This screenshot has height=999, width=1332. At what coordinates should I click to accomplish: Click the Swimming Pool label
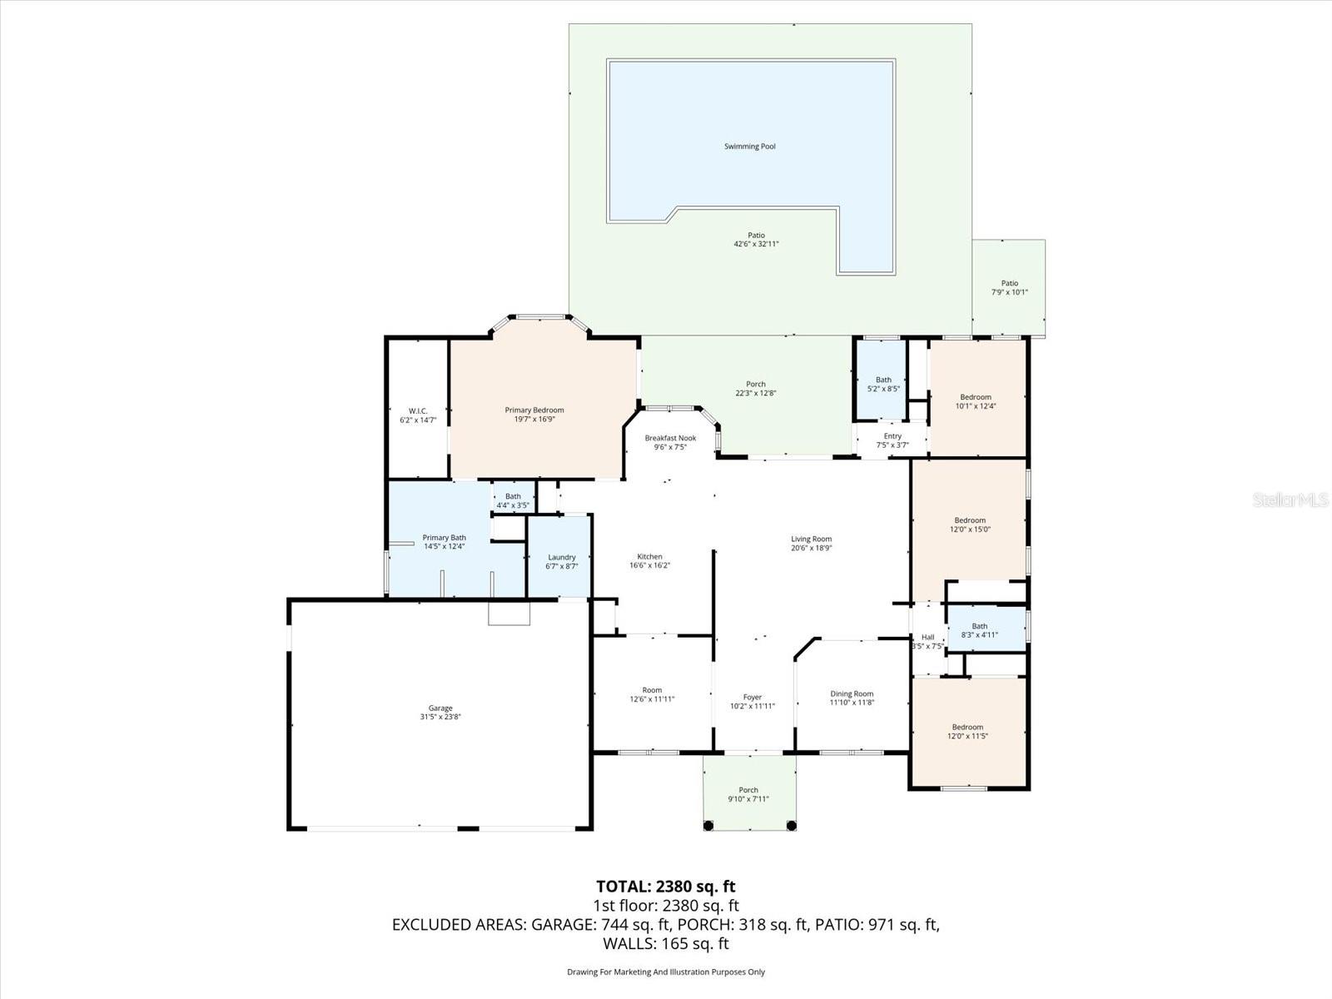click(x=749, y=147)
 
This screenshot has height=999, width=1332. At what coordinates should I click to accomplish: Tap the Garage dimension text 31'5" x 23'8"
click(x=440, y=717)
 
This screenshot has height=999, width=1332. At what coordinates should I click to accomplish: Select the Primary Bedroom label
click(x=534, y=410)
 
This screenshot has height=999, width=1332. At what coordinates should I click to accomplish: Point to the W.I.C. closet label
click(x=418, y=410)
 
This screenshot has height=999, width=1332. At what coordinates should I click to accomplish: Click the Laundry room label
click(x=562, y=557)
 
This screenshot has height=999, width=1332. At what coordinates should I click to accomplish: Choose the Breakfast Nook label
click(x=670, y=438)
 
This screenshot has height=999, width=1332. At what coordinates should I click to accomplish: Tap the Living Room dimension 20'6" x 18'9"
click(x=811, y=548)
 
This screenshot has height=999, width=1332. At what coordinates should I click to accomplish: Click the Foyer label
click(x=752, y=698)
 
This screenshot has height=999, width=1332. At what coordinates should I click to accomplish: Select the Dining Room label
click(x=852, y=693)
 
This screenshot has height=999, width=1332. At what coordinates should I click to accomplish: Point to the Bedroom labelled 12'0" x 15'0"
click(x=970, y=520)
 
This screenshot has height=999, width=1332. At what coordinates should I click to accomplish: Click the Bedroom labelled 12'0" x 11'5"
click(x=967, y=727)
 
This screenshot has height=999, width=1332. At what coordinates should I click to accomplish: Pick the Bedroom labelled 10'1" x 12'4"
click(x=976, y=397)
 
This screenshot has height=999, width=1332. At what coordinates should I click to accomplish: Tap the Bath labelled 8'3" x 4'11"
click(x=979, y=626)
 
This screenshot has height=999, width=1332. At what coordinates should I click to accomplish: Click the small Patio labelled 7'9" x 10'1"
click(x=1009, y=283)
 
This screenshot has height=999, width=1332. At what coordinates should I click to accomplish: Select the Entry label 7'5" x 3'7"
click(x=892, y=436)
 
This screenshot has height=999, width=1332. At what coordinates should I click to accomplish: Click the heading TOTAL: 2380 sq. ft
click(x=665, y=886)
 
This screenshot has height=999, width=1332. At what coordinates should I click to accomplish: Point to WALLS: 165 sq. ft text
click(x=665, y=943)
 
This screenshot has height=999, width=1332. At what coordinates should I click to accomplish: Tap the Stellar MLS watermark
click(x=1290, y=500)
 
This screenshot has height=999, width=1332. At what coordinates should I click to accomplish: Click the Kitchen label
click(x=649, y=556)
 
